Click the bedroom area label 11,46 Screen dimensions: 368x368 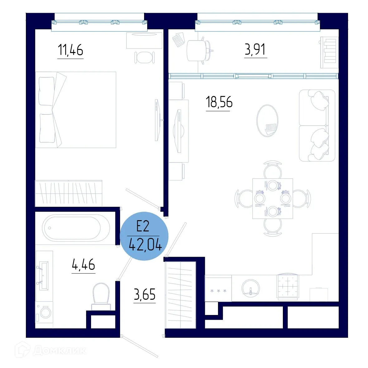click(x=70, y=50)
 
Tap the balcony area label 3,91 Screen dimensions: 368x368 click(x=255, y=50)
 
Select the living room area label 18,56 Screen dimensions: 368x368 click(x=219, y=102)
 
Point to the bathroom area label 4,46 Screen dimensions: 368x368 click(x=83, y=265)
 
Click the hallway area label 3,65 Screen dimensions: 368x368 click(x=144, y=294)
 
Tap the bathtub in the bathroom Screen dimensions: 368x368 click(x=76, y=228)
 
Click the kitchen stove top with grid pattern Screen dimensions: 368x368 click(x=287, y=286)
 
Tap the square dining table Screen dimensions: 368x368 click(x=273, y=198)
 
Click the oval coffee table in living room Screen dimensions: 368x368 click(x=267, y=120)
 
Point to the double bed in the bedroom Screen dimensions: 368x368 click(x=76, y=110)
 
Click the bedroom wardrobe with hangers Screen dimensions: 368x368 click(x=69, y=193)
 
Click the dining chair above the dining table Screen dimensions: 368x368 click(x=273, y=170)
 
